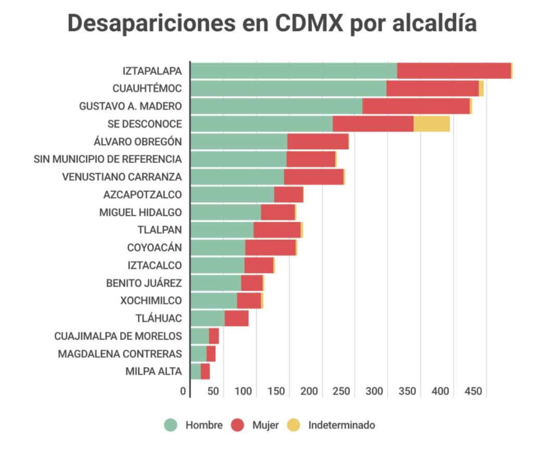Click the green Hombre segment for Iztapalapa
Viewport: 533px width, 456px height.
(x=294, y=70)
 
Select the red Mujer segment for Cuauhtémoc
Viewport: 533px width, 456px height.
(x=432, y=88)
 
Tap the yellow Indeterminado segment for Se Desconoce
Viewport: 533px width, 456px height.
(x=432, y=124)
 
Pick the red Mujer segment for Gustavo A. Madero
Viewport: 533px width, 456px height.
(x=416, y=106)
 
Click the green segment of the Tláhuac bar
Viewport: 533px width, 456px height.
(x=207, y=318)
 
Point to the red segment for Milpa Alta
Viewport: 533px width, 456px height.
(x=205, y=372)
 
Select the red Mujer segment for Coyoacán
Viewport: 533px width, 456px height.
(x=270, y=248)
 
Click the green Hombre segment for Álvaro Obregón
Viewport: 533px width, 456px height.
(x=239, y=141)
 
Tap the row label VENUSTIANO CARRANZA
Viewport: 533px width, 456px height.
(x=122, y=177)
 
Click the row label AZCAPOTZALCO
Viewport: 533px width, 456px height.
(x=143, y=195)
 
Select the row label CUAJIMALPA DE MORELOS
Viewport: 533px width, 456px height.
(x=118, y=336)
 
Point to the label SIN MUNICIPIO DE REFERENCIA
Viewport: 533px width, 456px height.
(x=108, y=159)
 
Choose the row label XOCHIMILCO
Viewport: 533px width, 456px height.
(x=151, y=301)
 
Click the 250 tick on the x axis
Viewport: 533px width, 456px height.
(x=342, y=391)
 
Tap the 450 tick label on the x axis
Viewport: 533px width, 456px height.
(x=473, y=391)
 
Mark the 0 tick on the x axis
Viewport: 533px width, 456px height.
(x=183, y=391)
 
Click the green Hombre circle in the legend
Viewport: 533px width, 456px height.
(x=171, y=425)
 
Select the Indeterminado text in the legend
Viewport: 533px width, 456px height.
(x=341, y=425)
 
